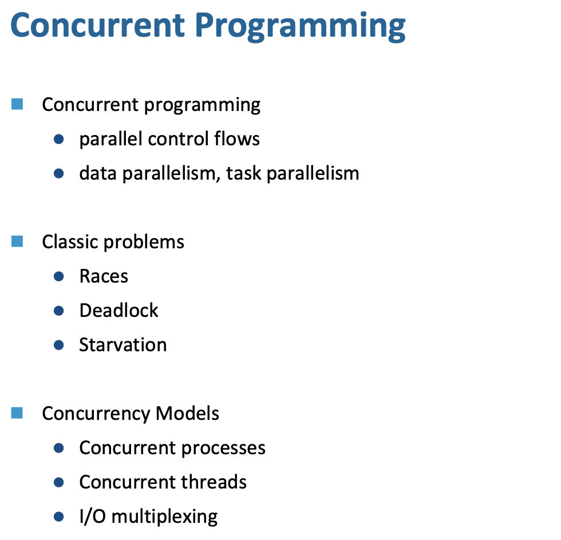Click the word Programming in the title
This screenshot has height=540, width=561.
[300, 27]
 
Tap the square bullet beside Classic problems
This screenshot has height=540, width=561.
[17, 241]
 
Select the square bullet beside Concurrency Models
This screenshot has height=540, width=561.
[17, 412]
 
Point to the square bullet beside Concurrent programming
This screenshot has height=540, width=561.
[17, 104]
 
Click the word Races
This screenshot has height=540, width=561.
[104, 276]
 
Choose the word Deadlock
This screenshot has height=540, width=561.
[119, 310]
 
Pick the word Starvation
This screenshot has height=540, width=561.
[123, 345]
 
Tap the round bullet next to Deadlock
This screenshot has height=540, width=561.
[58, 311]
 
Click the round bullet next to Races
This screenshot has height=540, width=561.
[58, 276]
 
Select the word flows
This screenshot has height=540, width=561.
[237, 138]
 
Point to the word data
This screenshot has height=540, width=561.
[98, 173]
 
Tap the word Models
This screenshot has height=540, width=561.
[188, 413]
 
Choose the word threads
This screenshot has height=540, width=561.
[214, 482]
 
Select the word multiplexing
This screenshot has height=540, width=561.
[165, 517]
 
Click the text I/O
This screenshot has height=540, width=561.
[93, 517]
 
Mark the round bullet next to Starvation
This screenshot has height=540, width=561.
[58, 345]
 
